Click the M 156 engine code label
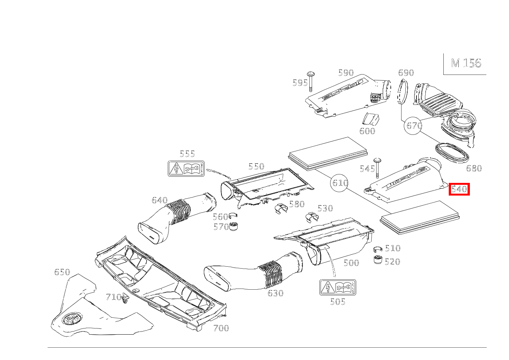(x=466, y=63)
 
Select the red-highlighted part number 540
(x=459, y=189)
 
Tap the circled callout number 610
(x=340, y=183)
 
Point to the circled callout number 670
(x=414, y=126)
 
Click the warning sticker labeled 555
(x=186, y=169)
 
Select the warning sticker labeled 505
(x=338, y=287)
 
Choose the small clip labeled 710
(x=125, y=299)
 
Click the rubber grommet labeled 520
(x=378, y=260)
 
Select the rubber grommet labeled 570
(x=233, y=226)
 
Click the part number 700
(x=221, y=328)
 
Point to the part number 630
(x=275, y=293)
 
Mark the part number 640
(x=159, y=200)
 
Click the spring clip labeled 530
(x=311, y=217)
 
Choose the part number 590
(x=345, y=73)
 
